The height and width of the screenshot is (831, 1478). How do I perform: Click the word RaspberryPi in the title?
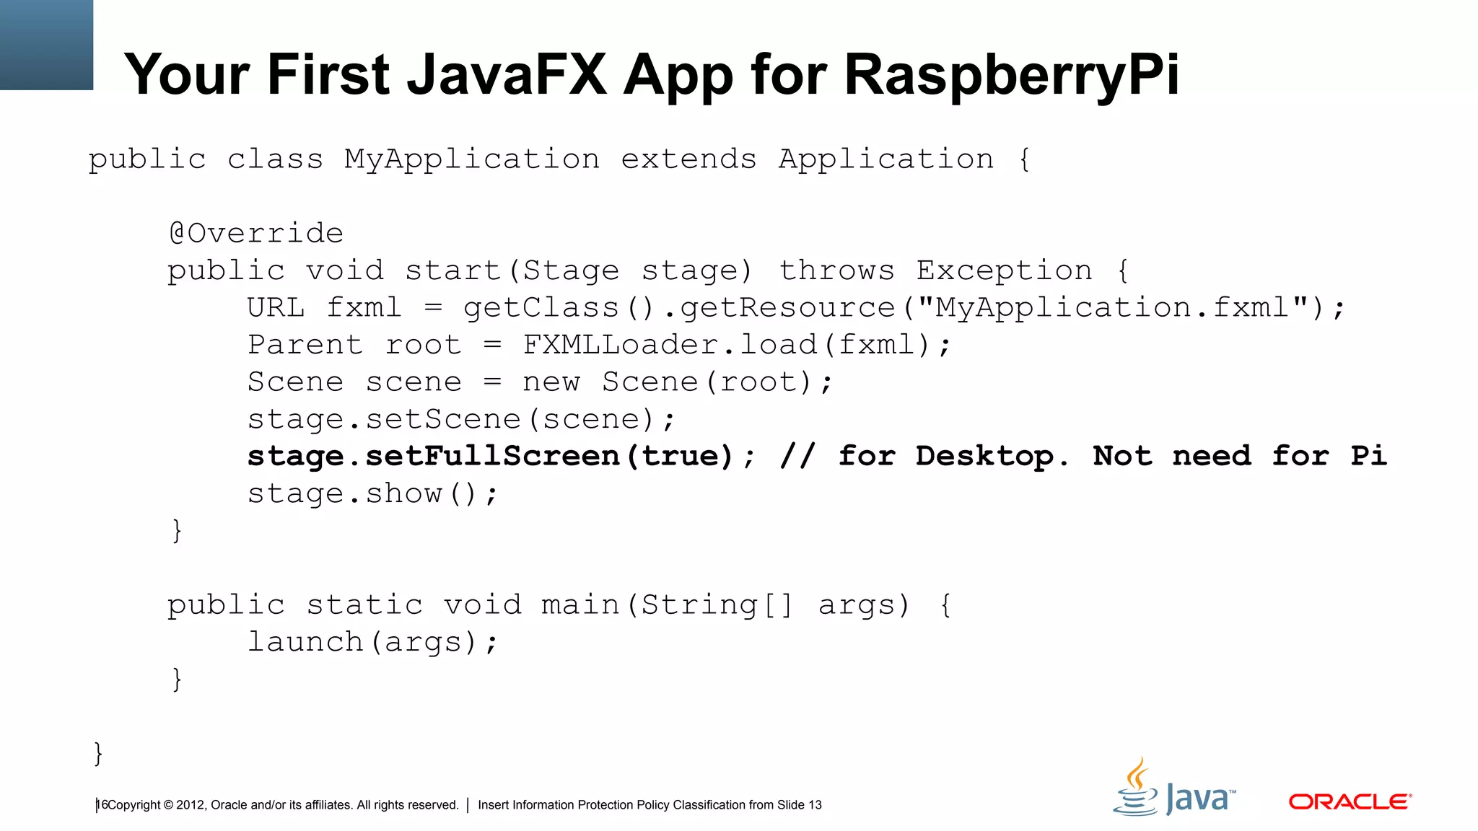point(1010,75)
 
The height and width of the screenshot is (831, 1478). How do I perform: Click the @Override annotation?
point(255,233)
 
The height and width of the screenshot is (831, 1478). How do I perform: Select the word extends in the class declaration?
point(688,159)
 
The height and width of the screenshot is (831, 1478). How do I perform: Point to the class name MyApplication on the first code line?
point(471,159)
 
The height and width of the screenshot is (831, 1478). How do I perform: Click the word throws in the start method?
point(836,271)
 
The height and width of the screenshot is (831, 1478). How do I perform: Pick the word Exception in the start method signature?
point(1004,271)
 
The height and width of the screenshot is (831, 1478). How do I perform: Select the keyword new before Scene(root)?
point(551,382)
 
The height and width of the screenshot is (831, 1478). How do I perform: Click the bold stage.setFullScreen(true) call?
point(491,456)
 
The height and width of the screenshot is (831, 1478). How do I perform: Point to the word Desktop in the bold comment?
point(984,456)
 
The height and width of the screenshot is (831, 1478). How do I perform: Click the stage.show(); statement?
point(372,493)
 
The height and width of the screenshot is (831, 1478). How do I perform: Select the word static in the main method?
point(364,604)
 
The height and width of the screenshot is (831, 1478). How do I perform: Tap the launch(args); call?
point(372,642)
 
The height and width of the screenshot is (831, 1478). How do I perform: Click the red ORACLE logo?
point(1350,801)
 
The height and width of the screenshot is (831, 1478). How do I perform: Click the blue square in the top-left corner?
point(46,45)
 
